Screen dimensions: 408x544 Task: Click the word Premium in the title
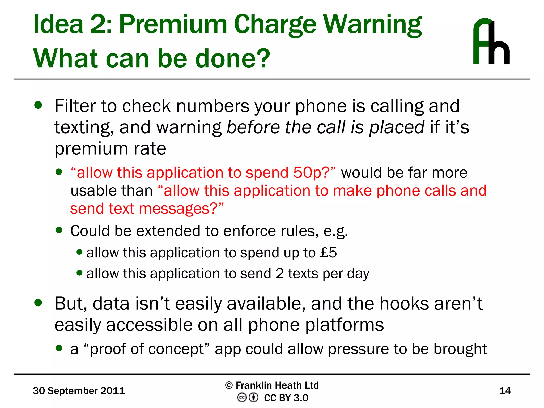tap(173, 24)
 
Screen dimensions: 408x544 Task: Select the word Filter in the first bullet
tap(75, 106)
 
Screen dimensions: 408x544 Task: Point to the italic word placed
tap(397, 127)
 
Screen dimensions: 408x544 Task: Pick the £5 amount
tap(328, 252)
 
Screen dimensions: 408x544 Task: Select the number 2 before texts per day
tap(279, 274)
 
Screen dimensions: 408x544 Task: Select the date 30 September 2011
tap(79, 391)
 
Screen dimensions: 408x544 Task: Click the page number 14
tap(505, 391)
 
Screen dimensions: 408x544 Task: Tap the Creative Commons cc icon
tap(242, 398)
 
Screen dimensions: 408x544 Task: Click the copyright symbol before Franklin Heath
tap(229, 385)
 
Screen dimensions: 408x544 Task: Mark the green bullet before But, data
tap(38, 303)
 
